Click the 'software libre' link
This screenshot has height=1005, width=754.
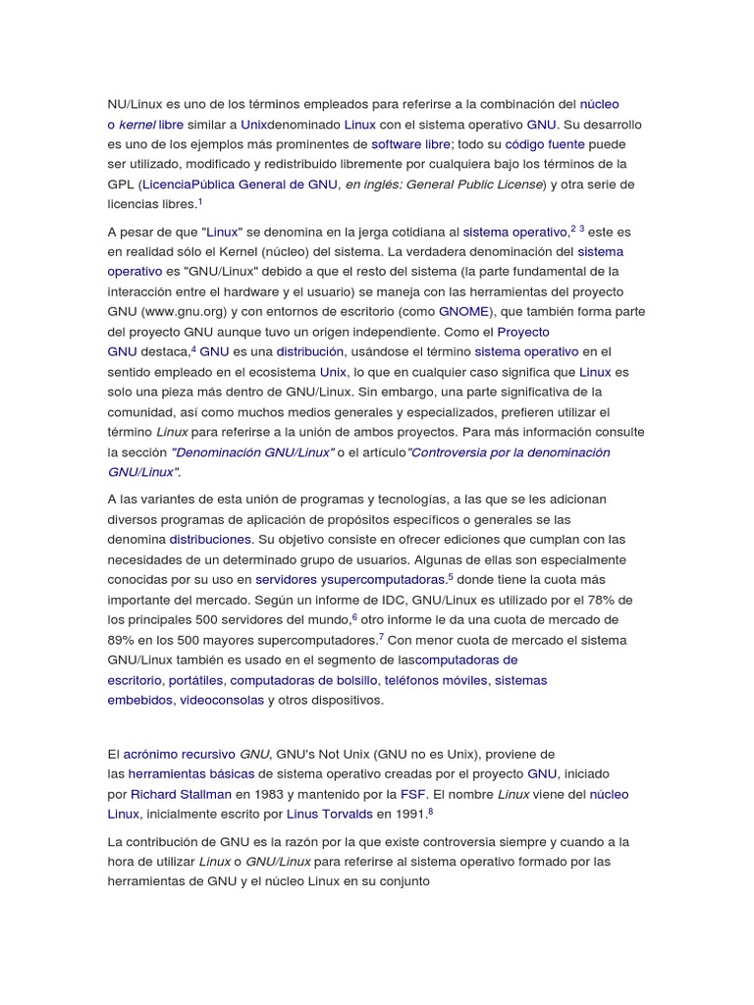tap(410, 143)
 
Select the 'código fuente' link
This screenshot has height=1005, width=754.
tap(545, 143)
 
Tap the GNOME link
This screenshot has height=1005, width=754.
tap(463, 311)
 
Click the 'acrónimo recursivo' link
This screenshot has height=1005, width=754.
tap(180, 754)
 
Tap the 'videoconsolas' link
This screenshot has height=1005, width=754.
tap(221, 700)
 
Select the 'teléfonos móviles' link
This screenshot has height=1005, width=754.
tap(436, 680)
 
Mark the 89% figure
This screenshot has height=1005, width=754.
tap(121, 640)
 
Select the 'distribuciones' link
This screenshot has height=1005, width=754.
tap(211, 540)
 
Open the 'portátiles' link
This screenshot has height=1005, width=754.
tap(196, 680)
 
